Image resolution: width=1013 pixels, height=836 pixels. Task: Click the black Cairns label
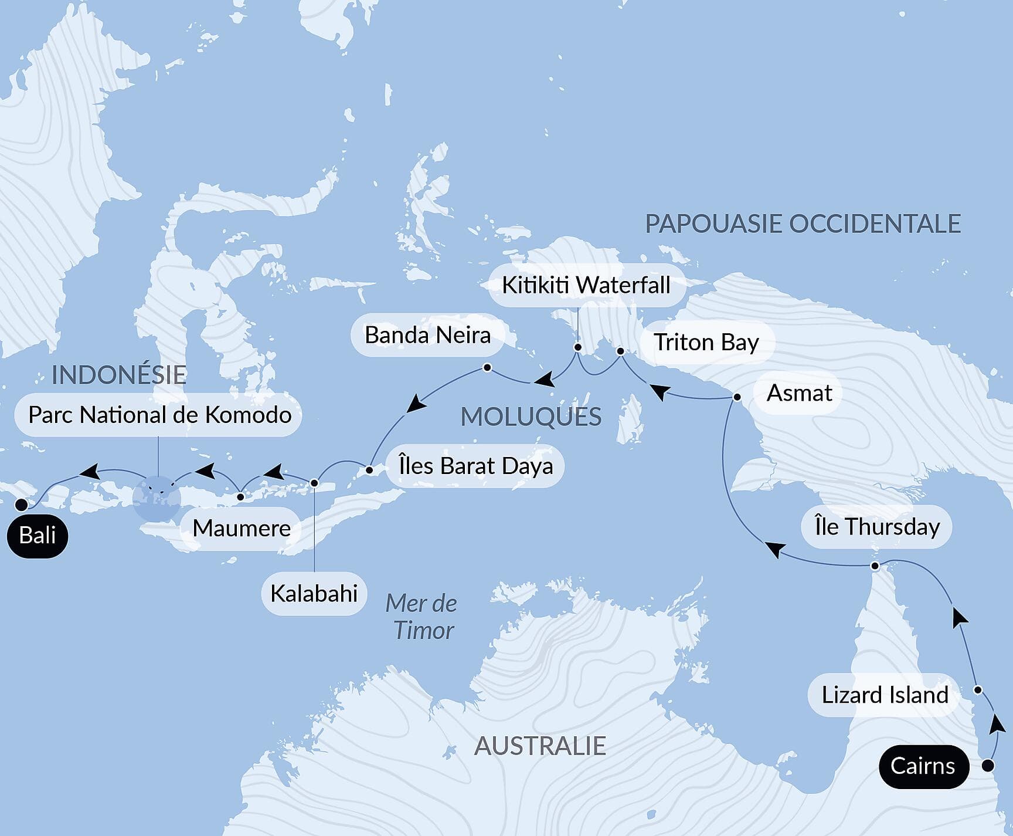coord(923,766)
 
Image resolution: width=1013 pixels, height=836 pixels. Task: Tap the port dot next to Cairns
coord(988,766)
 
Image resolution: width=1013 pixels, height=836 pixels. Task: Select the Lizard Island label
coord(885,695)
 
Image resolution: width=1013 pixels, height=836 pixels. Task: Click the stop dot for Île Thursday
coord(875,566)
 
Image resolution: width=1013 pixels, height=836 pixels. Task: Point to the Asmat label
coord(799,393)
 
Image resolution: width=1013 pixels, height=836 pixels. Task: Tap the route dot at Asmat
coord(737,397)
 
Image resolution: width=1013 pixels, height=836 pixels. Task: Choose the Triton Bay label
coord(706,342)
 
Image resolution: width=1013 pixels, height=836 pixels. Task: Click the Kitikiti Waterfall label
coord(586,285)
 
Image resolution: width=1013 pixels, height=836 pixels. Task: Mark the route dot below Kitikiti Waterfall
coord(577,347)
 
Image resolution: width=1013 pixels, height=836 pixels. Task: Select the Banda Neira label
coord(427,336)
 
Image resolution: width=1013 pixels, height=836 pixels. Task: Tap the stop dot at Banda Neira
coord(487,368)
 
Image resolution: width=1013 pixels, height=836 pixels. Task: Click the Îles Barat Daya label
coord(475,466)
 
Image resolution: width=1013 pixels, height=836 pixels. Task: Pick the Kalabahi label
coord(314,594)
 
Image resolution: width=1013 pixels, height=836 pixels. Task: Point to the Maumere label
coord(242,529)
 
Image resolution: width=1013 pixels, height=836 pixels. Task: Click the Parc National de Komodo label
coord(159,415)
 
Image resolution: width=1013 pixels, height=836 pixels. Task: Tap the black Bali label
coord(38,535)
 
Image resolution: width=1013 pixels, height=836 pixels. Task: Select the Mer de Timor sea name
coord(422,617)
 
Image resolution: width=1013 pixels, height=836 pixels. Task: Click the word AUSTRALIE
coord(540,746)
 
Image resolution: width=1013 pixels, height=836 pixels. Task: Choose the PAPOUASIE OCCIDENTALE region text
coord(803,224)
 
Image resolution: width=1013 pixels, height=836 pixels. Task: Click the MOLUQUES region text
coord(531,417)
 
